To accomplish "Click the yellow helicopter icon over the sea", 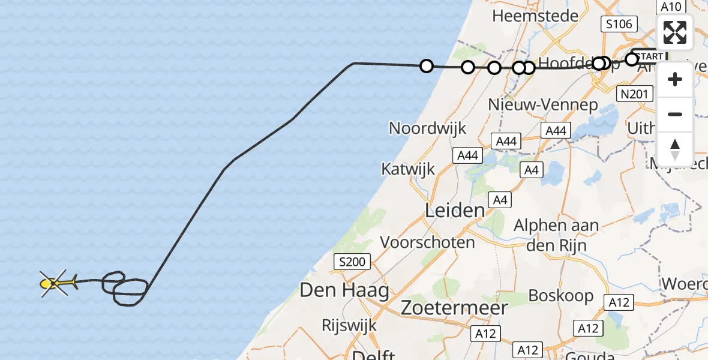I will [55, 283].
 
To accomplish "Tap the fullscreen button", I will [675, 32].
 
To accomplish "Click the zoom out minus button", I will [675, 114].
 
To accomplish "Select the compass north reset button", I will [675, 149].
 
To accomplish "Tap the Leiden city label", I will [455, 210].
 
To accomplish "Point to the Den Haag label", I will [344, 291].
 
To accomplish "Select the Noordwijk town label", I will [427, 128].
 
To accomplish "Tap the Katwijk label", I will [407, 169].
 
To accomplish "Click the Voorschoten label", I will [428, 242].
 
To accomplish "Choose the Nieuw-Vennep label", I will [543, 104].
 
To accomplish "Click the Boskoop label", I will [561, 295].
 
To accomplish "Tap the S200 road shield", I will [352, 262].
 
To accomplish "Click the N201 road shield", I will [635, 94].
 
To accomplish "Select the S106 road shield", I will [619, 24].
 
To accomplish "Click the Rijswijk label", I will [349, 325].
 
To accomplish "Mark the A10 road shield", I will [671, 7].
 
